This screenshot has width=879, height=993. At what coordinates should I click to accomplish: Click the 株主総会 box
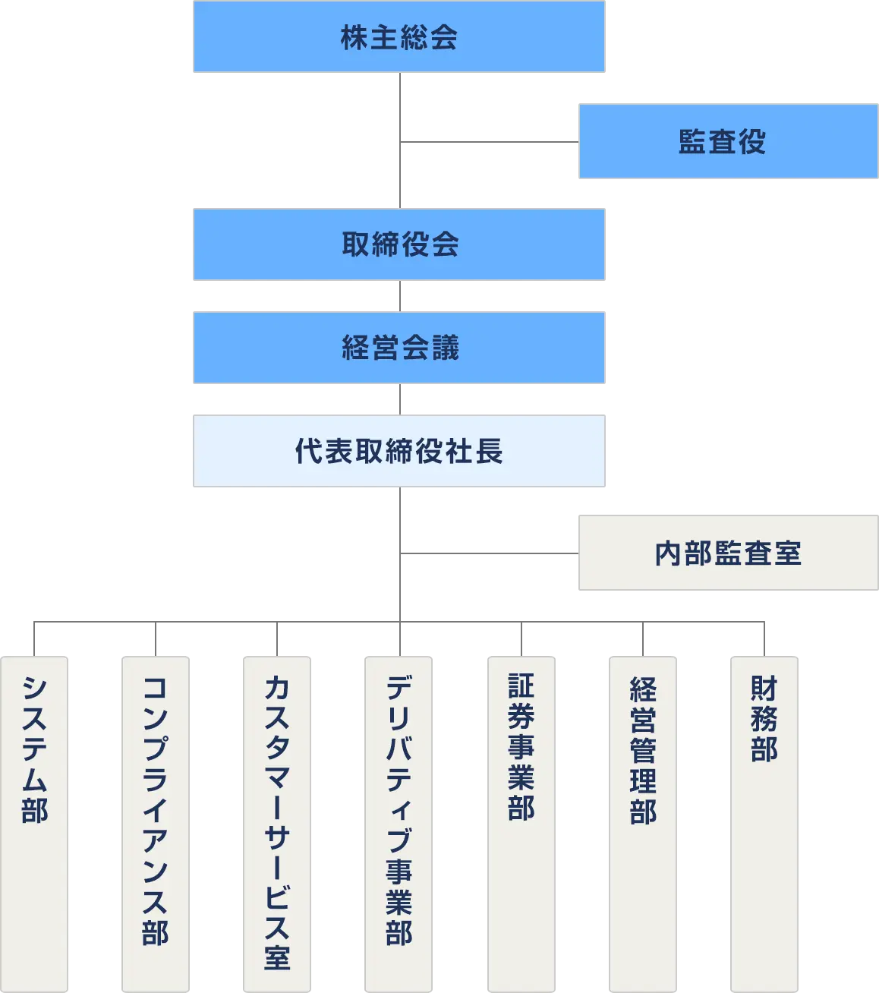click(398, 36)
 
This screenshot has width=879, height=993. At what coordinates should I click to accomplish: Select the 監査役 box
click(727, 142)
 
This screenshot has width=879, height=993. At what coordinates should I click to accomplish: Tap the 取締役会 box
click(398, 245)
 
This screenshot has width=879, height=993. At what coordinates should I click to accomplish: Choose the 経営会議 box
click(398, 348)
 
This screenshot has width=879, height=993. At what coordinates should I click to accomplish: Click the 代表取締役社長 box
click(398, 452)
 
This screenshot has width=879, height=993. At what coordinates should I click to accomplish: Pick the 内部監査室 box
click(727, 553)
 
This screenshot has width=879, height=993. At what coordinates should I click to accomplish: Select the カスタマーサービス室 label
click(277, 823)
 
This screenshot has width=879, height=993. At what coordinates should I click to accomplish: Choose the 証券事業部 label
click(521, 747)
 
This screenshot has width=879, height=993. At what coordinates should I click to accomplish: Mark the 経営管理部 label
click(643, 751)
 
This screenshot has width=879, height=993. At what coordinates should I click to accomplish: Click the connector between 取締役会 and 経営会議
click(398, 297)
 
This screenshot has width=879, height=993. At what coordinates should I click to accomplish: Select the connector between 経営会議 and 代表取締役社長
click(398, 400)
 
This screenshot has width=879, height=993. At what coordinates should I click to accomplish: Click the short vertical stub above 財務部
click(761, 640)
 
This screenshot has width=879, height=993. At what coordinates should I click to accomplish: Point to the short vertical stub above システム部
click(33, 640)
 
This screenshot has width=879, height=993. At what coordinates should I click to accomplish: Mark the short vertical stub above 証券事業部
click(519, 640)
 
